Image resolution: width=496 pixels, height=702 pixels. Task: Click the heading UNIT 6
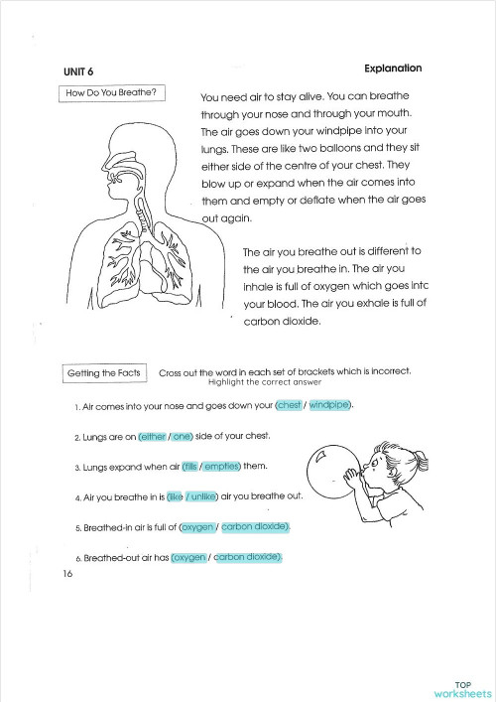[79, 70]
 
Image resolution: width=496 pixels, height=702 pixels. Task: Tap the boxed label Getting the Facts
[103, 373]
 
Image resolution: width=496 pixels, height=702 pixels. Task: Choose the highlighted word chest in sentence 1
[289, 406]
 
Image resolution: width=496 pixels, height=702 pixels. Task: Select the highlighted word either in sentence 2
[152, 436]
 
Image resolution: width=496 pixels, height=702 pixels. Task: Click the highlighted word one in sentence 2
[183, 436]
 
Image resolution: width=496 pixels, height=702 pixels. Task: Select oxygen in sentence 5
[197, 526]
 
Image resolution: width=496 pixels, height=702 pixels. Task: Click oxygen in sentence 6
[189, 557]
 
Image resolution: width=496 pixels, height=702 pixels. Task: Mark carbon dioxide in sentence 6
[248, 557]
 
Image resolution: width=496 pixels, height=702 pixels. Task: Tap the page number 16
[66, 574]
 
